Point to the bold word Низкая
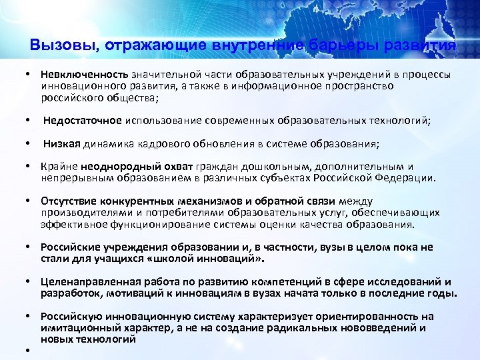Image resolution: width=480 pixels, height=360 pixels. coord(62,143)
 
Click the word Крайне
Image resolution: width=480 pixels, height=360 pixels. coord(59,167)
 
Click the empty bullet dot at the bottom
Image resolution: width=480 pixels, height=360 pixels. coord(30,351)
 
